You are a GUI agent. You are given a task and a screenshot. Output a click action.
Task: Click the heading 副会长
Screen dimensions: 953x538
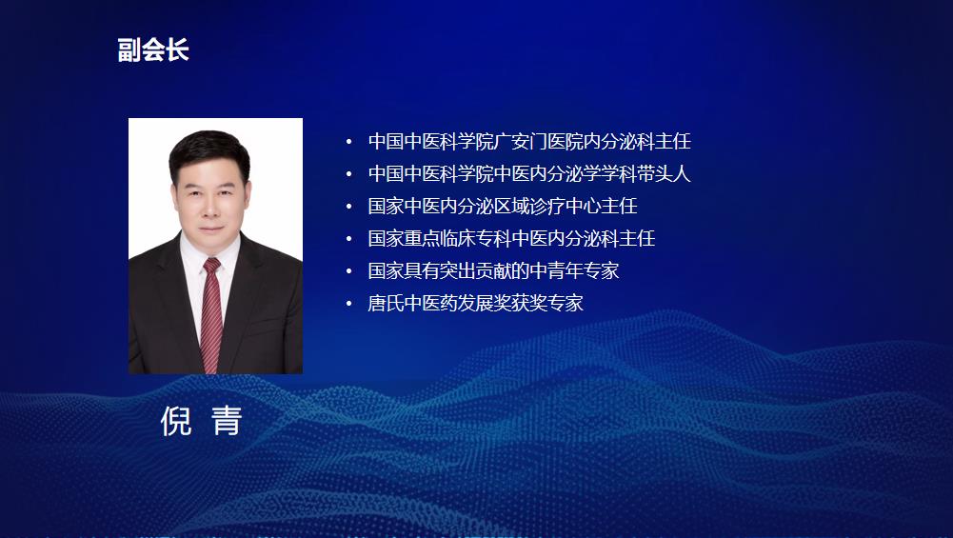(153, 50)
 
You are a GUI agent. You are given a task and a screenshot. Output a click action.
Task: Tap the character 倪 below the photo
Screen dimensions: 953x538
(176, 421)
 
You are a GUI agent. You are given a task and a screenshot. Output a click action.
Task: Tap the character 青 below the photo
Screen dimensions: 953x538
(227, 421)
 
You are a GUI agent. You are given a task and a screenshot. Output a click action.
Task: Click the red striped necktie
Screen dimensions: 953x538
(211, 313)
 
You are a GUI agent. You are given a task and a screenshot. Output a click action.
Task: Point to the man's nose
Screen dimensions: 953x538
(210, 210)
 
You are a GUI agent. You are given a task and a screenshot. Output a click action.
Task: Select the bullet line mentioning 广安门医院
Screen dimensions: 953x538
(529, 142)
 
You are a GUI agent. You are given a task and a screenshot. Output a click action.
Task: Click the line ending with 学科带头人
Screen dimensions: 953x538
(529, 174)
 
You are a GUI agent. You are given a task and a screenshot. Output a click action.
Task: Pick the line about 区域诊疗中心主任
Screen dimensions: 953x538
(503, 206)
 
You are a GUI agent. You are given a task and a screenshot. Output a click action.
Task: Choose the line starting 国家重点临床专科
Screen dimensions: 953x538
(512, 238)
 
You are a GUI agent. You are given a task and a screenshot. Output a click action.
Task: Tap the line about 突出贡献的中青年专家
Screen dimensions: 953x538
(493, 270)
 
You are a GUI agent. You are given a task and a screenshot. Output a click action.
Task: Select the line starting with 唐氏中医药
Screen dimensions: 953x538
(476, 303)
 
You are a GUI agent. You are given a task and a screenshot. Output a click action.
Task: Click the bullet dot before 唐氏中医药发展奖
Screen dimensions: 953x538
(348, 303)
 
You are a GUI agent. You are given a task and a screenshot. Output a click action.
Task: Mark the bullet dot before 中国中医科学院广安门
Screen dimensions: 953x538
(348, 142)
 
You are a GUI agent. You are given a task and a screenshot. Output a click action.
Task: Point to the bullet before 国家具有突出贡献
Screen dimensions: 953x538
(348, 270)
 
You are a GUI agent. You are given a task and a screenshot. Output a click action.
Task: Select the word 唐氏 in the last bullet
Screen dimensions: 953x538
(386, 303)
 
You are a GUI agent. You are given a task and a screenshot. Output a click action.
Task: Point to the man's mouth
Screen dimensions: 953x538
(211, 229)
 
